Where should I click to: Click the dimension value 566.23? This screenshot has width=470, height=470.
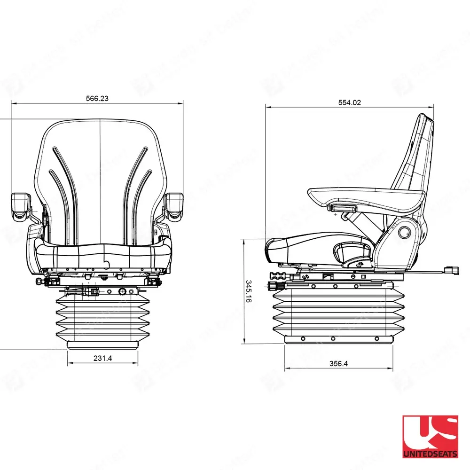97,99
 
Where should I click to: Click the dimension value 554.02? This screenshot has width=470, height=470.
350,103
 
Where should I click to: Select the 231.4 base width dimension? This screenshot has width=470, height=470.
102,358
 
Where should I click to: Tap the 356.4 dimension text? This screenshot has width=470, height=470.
338,363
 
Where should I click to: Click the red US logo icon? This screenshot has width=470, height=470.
430,432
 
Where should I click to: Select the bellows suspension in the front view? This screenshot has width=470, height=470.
102,317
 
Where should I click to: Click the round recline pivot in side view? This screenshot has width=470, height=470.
404,232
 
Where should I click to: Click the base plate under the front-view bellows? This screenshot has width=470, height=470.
102,344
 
